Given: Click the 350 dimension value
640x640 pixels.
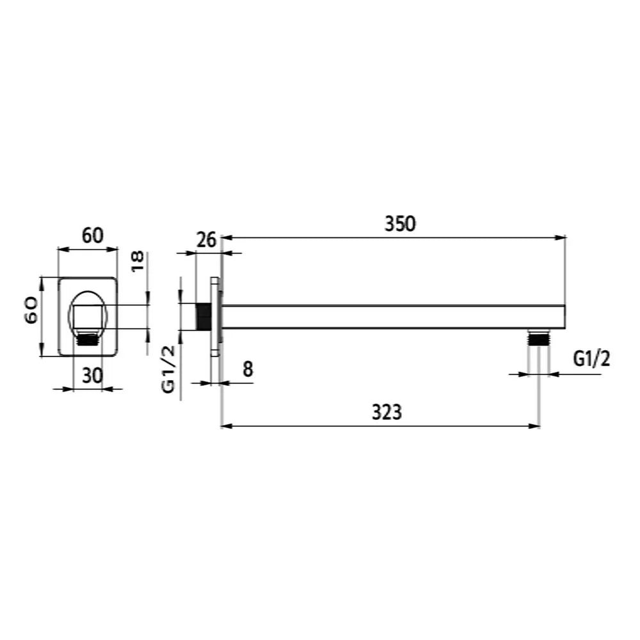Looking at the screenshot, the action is [x=400, y=223].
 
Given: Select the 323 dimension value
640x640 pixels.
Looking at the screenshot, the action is [x=387, y=412].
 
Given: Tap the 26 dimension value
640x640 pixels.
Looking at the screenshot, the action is [x=205, y=239].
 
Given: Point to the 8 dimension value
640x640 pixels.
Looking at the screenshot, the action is [x=248, y=369].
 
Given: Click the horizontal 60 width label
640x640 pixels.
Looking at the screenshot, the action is [x=93, y=236].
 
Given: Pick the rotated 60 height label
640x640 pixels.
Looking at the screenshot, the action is [x=32, y=310].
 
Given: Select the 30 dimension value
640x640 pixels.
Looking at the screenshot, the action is [x=92, y=376].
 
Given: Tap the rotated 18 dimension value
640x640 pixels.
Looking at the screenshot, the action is [x=138, y=261].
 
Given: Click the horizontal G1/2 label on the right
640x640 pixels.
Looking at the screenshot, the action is [x=591, y=359].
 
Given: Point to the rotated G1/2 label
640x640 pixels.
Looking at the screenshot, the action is [x=168, y=369].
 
